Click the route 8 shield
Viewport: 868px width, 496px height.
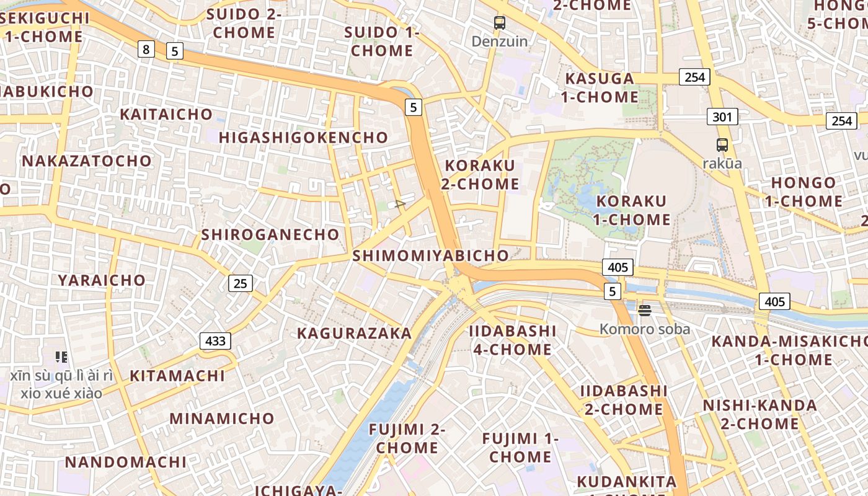(145, 48)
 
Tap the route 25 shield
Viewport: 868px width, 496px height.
(241, 283)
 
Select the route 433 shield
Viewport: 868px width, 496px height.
(215, 340)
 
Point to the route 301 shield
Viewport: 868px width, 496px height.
(722, 117)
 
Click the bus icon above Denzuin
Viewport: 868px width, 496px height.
(500, 23)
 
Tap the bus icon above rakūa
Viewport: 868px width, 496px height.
(722, 145)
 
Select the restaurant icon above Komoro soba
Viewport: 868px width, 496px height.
(645, 310)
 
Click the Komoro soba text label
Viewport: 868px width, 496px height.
(645, 329)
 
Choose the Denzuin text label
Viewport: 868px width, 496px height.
(500, 42)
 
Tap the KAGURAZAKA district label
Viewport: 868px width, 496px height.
(354, 333)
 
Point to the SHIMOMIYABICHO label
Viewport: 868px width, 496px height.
(430, 255)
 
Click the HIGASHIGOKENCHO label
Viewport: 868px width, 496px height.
(303, 138)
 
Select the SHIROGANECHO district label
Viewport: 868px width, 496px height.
(270, 234)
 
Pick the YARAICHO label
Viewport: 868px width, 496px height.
(102, 280)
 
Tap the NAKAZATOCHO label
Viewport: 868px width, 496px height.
(87, 161)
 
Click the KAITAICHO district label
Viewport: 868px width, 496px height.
(166, 114)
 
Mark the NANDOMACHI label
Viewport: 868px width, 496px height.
(125, 462)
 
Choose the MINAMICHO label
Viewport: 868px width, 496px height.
(222, 418)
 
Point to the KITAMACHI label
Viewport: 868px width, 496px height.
(177, 376)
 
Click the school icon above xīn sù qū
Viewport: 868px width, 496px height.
(61, 356)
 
